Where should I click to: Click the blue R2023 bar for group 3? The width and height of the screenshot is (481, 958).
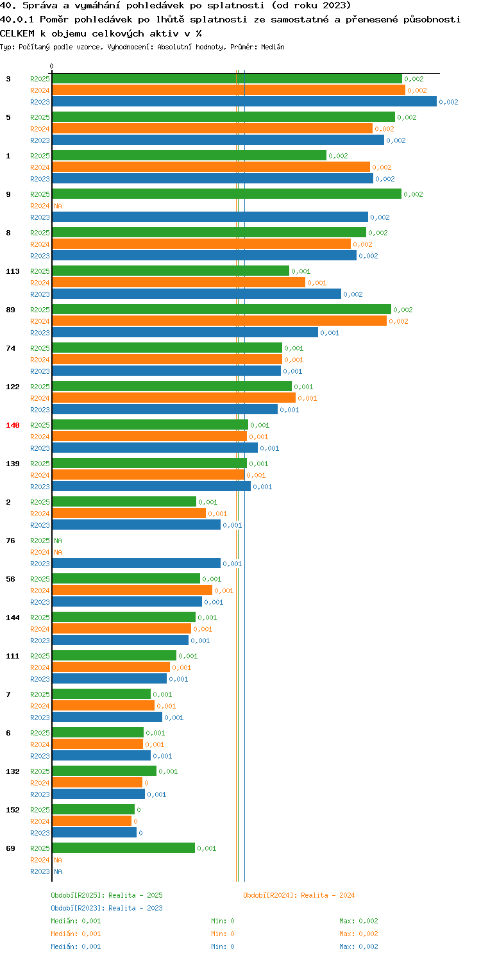coord(244,102)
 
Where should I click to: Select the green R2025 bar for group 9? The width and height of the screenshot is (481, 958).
coord(227,194)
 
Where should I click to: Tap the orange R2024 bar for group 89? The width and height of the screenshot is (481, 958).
coord(219,321)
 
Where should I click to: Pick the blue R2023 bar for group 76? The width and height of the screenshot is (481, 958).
coord(137,564)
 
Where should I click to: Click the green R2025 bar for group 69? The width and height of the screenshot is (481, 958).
coord(124,848)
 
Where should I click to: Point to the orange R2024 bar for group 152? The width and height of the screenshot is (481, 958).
coord(92,821)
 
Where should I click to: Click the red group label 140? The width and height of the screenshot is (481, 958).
coord(13,425)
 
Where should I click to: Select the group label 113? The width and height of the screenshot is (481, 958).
coord(13,271)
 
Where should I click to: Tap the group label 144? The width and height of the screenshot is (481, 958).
coord(13,618)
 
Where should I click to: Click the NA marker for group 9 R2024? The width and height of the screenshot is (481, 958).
coord(58,206)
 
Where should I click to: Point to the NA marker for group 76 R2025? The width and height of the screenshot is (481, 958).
coord(58,541)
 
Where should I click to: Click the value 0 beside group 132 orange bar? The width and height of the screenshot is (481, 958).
coord(146,783)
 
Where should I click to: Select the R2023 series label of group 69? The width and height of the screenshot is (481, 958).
coord(40,871)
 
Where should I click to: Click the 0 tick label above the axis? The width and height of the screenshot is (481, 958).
coord(52,66)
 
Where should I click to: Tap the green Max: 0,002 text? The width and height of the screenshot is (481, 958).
coord(359,921)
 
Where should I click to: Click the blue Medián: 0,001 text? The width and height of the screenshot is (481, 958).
coord(76,946)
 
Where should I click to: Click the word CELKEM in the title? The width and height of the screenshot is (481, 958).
coord(17,33)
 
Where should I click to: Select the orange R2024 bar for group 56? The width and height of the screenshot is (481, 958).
coord(132,590)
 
